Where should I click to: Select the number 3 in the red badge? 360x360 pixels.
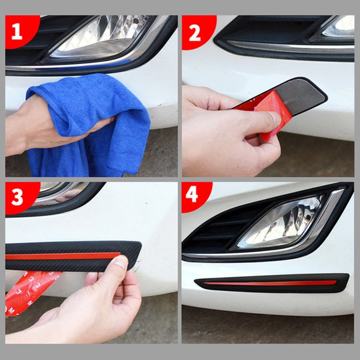pyautogui.click(x=17, y=196)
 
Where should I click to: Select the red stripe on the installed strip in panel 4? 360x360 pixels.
pyautogui.click(x=270, y=283)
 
